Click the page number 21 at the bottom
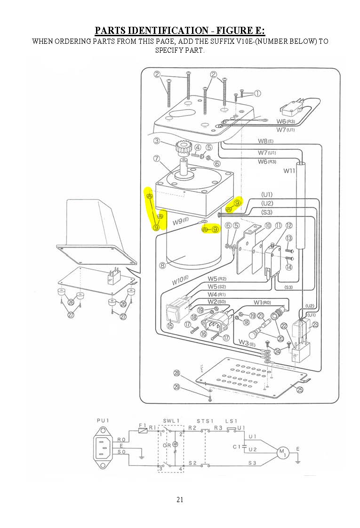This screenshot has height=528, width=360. click(x=180, y=500)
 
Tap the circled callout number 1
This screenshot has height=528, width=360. click(x=257, y=93)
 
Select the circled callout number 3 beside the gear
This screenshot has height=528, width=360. click(x=156, y=141)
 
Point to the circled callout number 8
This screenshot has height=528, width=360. click(x=162, y=265)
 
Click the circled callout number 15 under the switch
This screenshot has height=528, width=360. click(x=170, y=326)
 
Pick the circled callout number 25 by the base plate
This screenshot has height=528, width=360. click(x=300, y=389)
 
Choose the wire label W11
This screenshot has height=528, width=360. click(x=289, y=171)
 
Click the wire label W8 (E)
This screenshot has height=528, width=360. click(x=266, y=141)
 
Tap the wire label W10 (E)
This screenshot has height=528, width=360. click(x=180, y=281)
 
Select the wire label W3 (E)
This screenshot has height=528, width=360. click(x=248, y=342)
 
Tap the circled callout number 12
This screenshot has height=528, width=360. click(x=288, y=226)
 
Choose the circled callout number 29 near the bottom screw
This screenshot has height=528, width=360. click(x=176, y=387)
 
